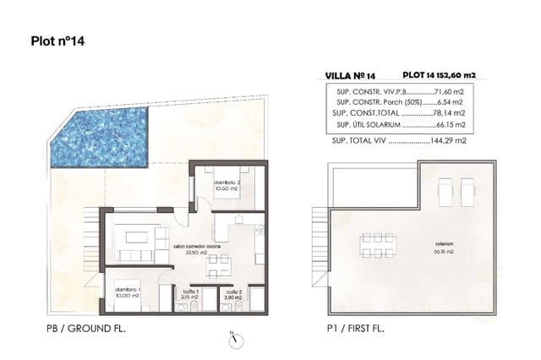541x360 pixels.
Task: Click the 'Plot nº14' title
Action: [57, 40]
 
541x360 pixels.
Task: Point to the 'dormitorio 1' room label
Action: [128, 292]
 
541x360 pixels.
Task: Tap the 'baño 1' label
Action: [189, 292]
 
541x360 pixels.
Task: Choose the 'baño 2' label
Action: [234, 292]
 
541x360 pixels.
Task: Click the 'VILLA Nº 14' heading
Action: [351, 74]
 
